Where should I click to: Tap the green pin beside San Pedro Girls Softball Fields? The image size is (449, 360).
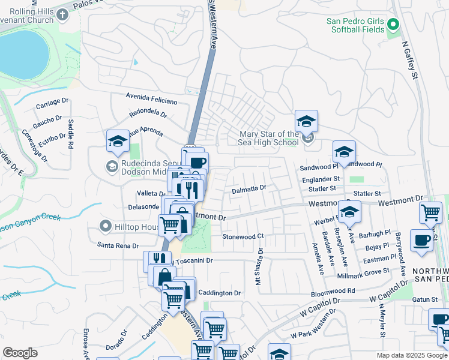[394, 25]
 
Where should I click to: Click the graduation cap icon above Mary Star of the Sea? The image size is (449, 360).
[306, 122]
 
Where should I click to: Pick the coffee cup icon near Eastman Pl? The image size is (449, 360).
[421, 240]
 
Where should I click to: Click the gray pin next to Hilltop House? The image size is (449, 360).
[106, 226]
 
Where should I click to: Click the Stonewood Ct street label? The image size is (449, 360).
[243, 237]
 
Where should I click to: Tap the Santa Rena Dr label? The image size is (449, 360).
[118, 245]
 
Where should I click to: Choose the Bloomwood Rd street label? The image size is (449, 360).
[333, 291]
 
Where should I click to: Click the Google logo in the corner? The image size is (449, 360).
[20, 353]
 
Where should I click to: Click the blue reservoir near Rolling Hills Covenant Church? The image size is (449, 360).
[22, 54]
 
